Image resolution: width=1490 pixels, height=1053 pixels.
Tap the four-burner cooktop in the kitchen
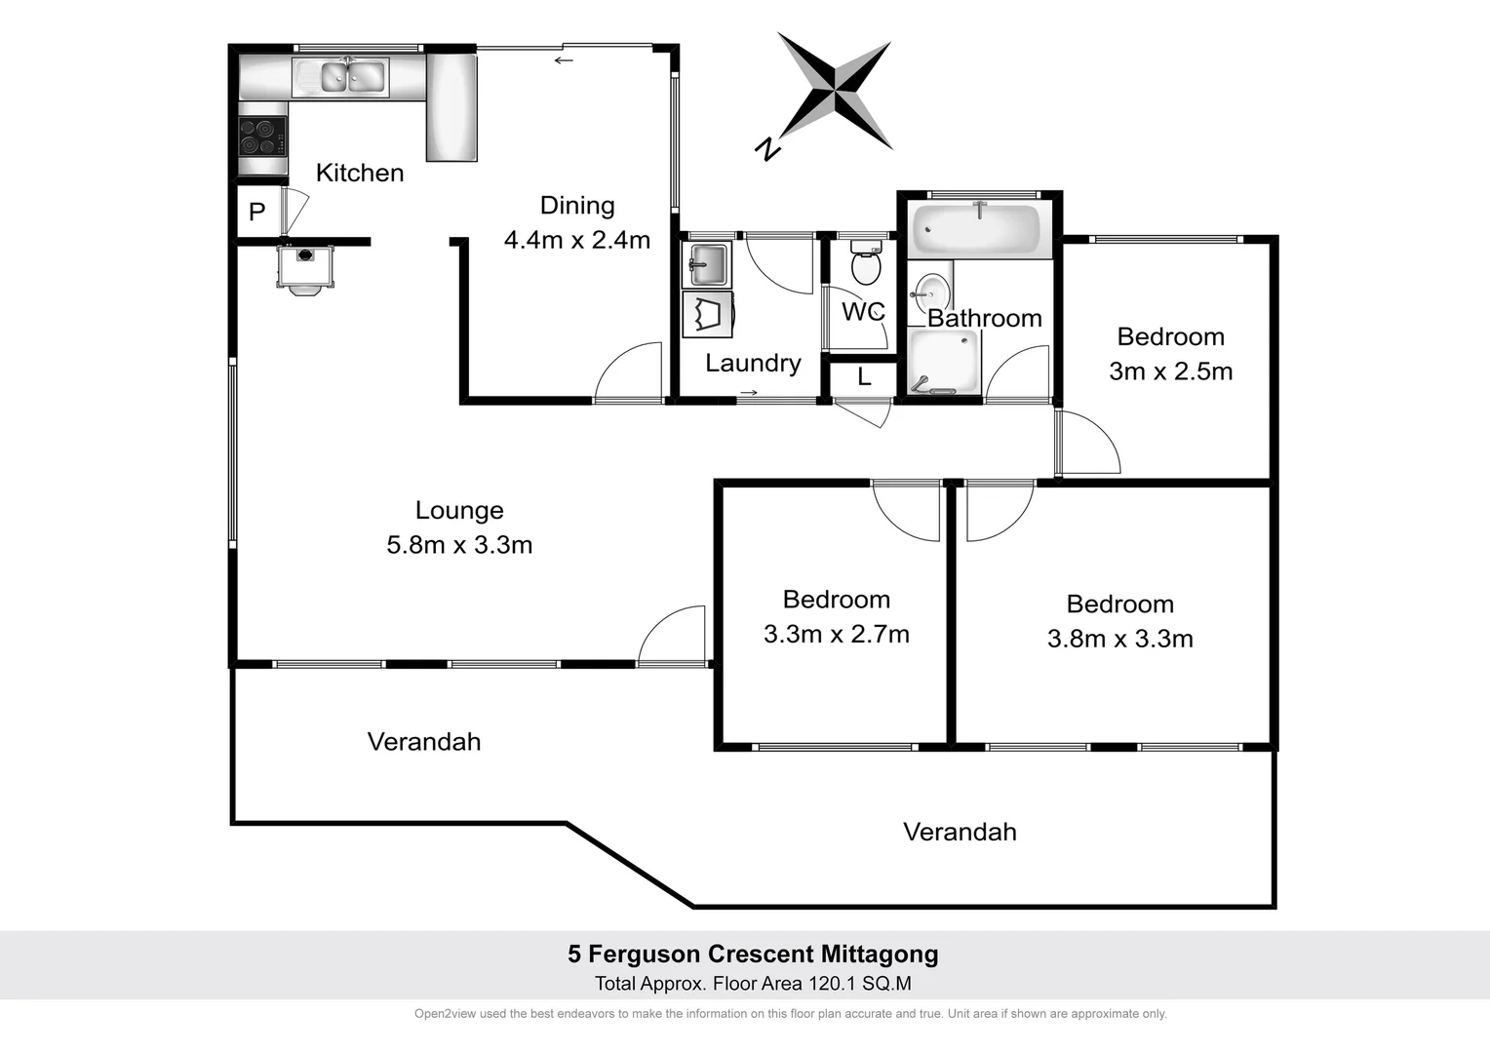tap(262, 136)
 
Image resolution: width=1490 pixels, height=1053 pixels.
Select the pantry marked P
tap(257, 212)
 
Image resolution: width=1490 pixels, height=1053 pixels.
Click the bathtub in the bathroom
tap(976, 230)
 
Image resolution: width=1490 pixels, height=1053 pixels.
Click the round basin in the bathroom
tap(930, 292)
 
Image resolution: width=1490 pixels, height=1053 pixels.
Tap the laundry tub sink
tap(706, 263)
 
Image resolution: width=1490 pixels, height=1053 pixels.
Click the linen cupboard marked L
tap(864, 377)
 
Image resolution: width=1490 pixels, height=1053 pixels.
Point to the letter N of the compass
tap(768, 148)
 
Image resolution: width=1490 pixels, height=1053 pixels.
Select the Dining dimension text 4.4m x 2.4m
tap(577, 240)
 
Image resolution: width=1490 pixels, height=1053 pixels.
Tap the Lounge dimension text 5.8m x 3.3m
tap(459, 545)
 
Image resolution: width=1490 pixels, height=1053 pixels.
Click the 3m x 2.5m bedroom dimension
tap(1170, 371)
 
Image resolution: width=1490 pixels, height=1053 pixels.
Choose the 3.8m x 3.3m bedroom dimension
tap(1119, 639)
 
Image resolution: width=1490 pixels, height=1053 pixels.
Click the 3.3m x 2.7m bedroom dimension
tap(836, 635)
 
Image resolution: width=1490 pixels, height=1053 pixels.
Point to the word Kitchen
tap(360, 173)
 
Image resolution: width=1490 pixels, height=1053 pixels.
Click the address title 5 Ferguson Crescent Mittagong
tap(753, 955)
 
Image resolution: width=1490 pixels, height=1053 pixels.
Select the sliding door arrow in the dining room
tap(564, 60)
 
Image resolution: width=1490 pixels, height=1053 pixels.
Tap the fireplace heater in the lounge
tap(305, 266)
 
